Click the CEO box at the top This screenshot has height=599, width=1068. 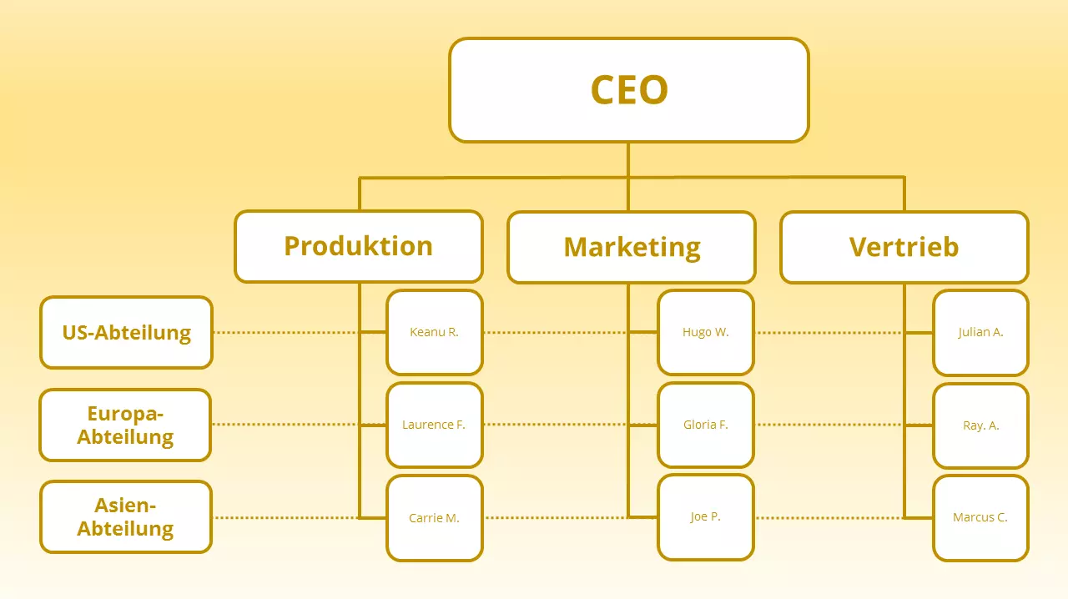[x=628, y=90]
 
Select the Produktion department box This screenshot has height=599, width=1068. [x=359, y=246]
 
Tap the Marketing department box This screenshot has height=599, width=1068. [x=632, y=247]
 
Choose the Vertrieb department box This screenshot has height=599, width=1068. [x=904, y=247]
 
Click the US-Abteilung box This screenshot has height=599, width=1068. [x=127, y=332]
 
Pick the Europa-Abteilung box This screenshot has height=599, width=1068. [x=125, y=425]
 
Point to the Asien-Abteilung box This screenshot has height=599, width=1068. [x=126, y=516]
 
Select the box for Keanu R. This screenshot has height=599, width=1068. [x=435, y=332]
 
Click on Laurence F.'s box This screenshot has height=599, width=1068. [x=435, y=425]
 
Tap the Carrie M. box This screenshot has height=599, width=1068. [x=435, y=517]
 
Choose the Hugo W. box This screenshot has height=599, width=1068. [x=706, y=332]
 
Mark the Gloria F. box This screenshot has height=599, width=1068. [x=706, y=425]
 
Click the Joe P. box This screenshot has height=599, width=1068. [x=706, y=517]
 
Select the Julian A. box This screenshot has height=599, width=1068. [x=980, y=332]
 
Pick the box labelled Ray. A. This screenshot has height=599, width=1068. [x=980, y=425]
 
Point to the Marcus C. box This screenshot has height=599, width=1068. [x=980, y=517]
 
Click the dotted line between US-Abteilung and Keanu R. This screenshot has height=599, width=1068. [x=284, y=332]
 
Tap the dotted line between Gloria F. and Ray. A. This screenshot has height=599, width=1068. [x=826, y=425]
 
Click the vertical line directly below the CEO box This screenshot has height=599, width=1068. [x=628, y=159]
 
